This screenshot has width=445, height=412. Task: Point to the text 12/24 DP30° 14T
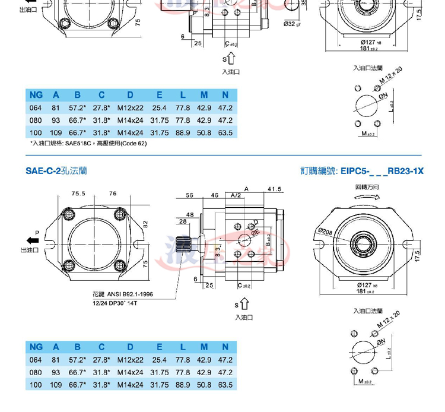pos(112,302)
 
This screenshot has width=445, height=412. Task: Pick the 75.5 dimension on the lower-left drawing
pos(78,193)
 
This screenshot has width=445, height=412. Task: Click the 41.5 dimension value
pos(274,189)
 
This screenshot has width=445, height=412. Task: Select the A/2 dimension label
pos(236,195)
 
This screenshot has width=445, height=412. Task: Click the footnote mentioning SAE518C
pos(88,143)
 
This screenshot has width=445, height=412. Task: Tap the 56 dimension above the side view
pos(190,195)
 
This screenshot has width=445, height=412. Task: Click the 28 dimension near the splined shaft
pos(182,222)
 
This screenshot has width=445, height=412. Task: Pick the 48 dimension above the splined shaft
pos(190,214)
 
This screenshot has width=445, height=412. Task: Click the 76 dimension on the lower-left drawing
pos(113,193)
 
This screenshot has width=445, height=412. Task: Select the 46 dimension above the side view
pos(215,195)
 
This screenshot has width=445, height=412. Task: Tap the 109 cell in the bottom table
pos(56,385)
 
